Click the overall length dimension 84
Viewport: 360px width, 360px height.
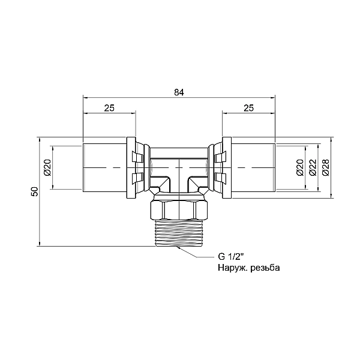179,92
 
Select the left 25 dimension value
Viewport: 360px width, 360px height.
109,107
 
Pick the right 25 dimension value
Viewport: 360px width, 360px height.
248,107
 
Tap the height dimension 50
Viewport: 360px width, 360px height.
34,191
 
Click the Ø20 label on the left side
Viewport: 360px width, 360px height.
47,167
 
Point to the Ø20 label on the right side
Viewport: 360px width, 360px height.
300,167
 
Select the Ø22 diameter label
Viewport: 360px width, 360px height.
313,167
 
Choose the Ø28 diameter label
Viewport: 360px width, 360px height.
326,167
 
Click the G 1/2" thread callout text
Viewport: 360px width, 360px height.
230,257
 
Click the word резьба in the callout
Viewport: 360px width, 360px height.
265,268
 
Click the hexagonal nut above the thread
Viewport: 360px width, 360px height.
179,210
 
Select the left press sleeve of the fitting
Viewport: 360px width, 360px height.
104,168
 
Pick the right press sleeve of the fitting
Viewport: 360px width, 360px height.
253,168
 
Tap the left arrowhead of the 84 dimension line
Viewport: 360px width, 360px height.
85,98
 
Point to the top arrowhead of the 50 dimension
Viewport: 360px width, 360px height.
40,140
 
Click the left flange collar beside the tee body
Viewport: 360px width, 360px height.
131,168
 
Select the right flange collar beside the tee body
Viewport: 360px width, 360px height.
227,168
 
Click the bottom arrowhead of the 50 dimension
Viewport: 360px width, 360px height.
40,244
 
